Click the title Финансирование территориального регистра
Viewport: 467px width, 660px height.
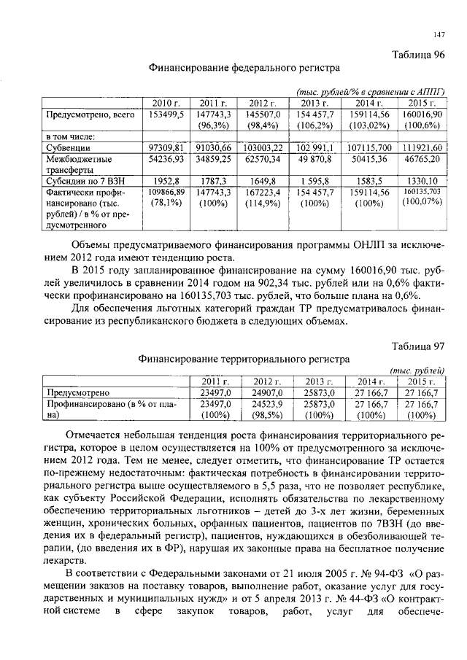244,359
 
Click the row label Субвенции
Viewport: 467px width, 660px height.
69,148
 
